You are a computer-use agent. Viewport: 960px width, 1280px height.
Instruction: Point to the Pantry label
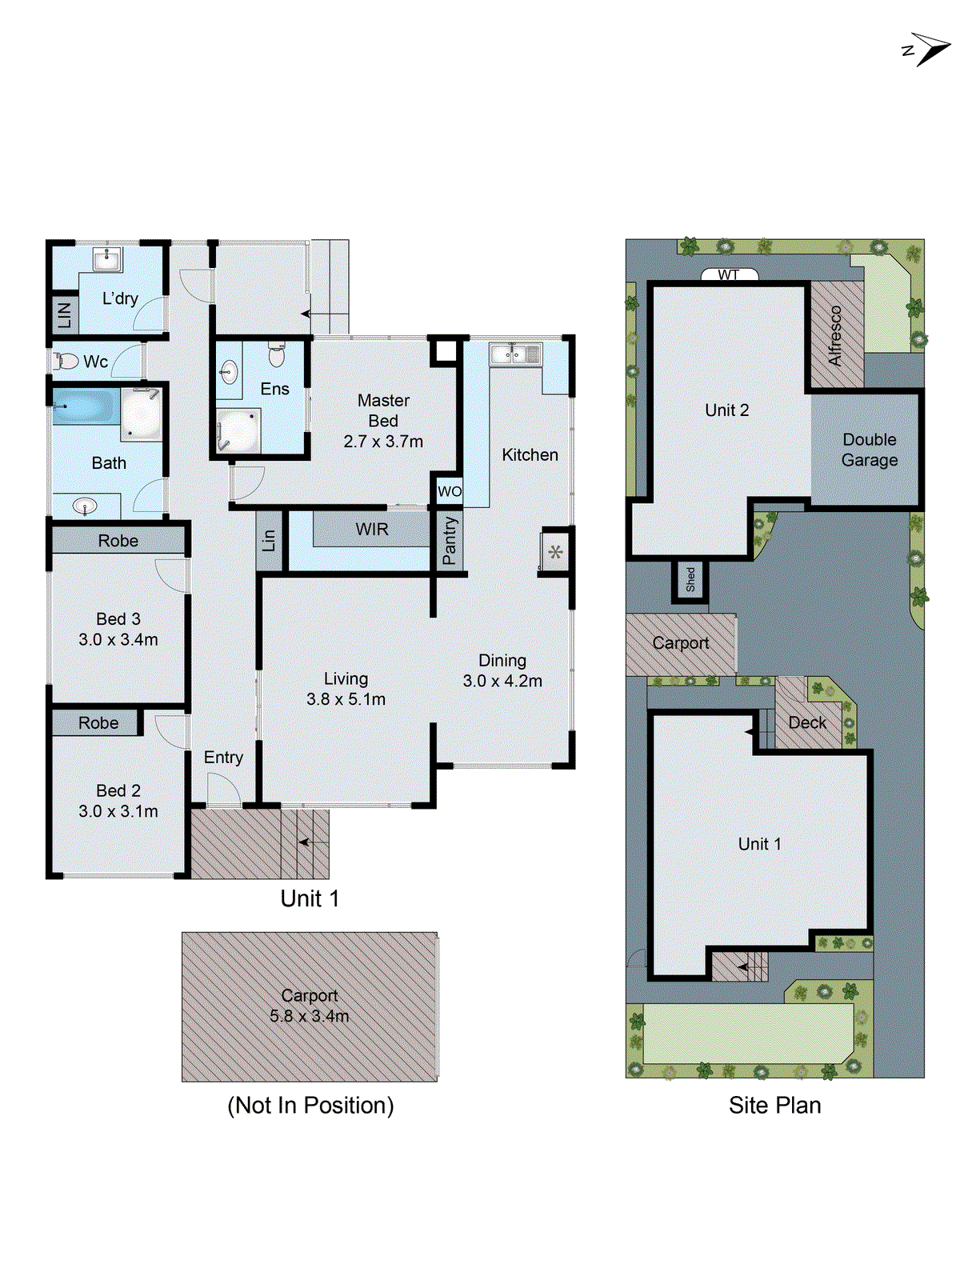[x=450, y=540]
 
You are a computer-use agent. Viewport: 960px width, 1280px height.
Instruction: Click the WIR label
[x=372, y=530]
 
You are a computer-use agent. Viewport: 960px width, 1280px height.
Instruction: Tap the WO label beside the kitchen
[x=450, y=491]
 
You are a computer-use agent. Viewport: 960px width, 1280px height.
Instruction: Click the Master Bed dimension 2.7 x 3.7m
[x=383, y=442]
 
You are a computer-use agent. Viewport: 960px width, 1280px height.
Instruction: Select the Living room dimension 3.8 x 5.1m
[x=346, y=699]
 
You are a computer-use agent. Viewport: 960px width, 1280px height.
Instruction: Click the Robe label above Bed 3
[x=118, y=541]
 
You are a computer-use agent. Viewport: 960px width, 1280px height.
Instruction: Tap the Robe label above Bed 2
[x=98, y=723]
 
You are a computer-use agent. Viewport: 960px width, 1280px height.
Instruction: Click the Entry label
[x=223, y=758]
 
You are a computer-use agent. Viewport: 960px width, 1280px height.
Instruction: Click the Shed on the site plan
[x=690, y=580]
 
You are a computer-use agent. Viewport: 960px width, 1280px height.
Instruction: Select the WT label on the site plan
[x=729, y=275]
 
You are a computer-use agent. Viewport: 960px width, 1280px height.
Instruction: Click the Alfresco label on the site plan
[x=836, y=336]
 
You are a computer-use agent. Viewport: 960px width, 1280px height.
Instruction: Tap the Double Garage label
[x=870, y=450]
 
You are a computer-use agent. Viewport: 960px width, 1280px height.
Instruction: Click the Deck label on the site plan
[x=807, y=723]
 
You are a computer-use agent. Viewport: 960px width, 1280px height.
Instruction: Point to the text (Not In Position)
[x=310, y=1106]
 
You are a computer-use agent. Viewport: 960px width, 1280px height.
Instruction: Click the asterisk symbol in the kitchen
[x=556, y=552]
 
